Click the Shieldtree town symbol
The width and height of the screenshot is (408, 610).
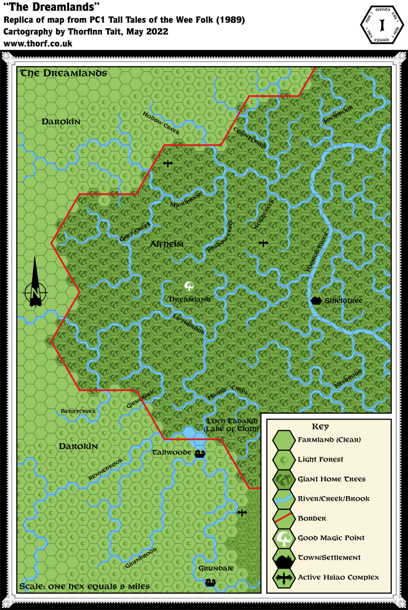(x=316, y=301)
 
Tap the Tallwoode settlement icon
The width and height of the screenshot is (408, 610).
(x=200, y=454)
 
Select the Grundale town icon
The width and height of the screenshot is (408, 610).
(x=210, y=583)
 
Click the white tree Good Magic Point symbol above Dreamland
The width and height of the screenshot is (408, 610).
(x=189, y=286)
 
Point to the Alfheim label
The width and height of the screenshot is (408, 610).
(x=167, y=244)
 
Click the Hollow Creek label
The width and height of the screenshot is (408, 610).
(x=161, y=123)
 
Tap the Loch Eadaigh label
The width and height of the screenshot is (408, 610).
(x=232, y=421)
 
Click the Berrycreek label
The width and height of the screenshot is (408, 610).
(x=78, y=411)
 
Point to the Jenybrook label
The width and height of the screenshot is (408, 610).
(x=338, y=115)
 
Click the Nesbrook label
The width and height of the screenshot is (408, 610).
(x=348, y=378)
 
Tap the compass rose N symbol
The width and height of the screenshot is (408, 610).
(x=35, y=293)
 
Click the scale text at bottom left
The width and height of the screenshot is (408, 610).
(x=85, y=586)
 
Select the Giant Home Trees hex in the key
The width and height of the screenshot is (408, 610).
(x=284, y=479)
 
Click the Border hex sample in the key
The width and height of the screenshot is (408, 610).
(x=284, y=518)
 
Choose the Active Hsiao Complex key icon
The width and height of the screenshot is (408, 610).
(x=284, y=577)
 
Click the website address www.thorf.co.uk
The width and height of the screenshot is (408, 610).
(x=38, y=44)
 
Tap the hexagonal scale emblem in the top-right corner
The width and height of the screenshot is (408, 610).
(x=382, y=25)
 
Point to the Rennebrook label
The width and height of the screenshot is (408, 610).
(x=106, y=469)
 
